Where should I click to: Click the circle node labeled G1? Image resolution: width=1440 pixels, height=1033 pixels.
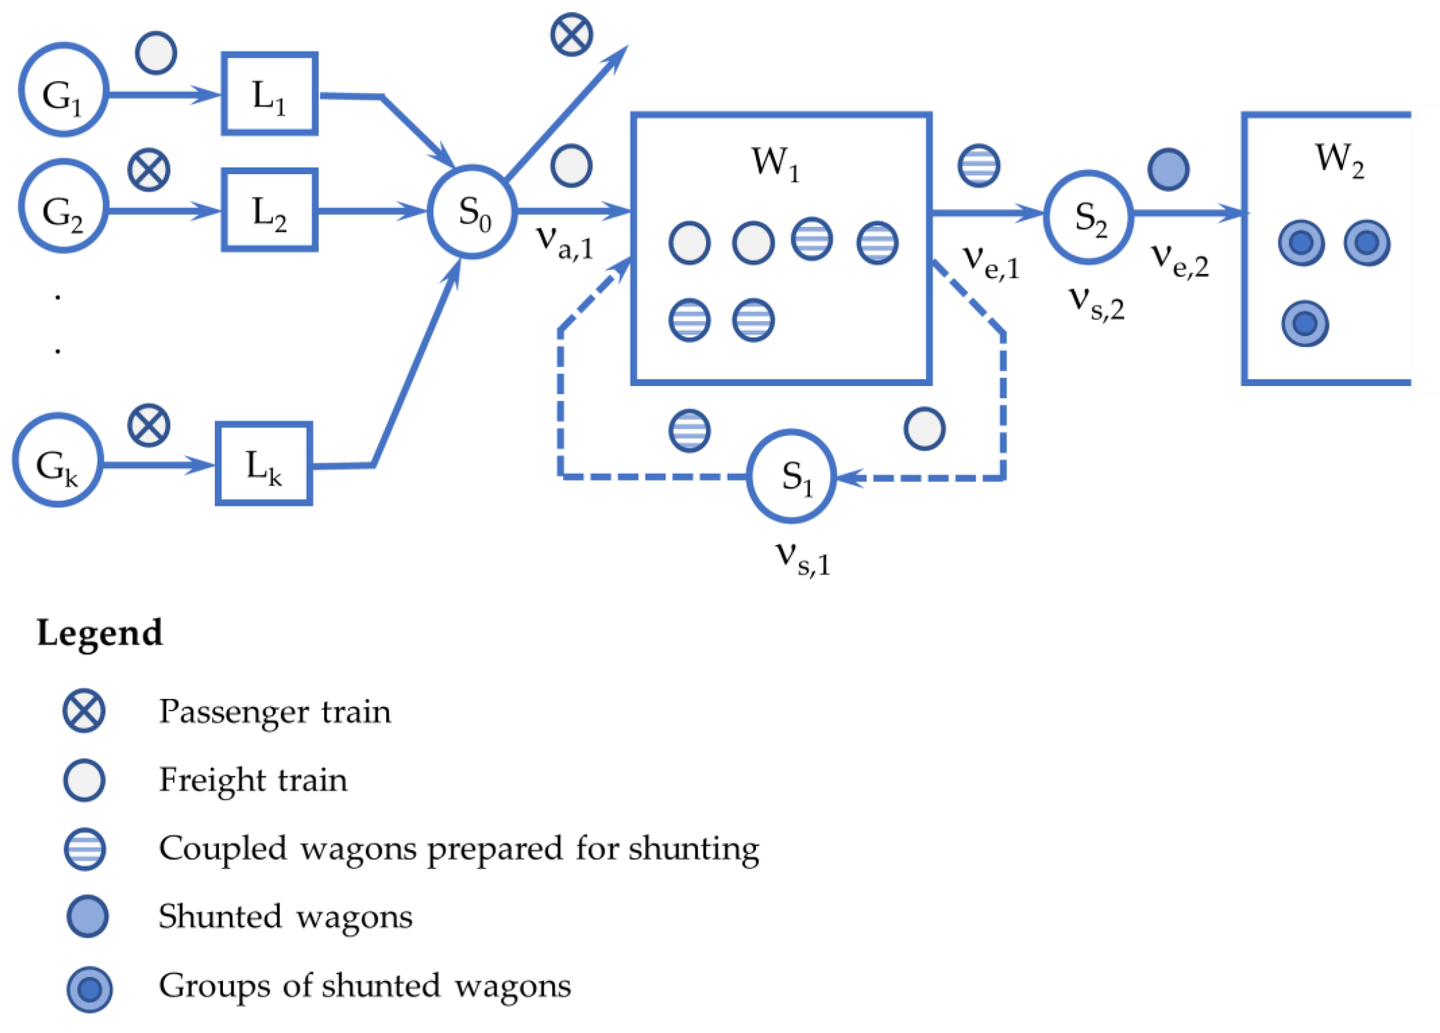pos(63,89)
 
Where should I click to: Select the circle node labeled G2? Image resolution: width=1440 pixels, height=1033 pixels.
pos(63,206)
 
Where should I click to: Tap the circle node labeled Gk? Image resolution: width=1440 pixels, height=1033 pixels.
pos(58,460)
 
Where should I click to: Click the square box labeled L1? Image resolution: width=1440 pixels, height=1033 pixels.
pos(269,93)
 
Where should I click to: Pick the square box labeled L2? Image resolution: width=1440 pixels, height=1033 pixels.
pos(269,209)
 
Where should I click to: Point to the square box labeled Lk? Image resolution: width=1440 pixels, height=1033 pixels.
pos(263,464)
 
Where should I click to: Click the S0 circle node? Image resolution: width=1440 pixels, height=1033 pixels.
pos(472,212)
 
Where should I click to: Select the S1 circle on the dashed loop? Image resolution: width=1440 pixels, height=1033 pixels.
pos(791,476)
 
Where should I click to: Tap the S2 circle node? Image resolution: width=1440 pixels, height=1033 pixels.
pos(1088,217)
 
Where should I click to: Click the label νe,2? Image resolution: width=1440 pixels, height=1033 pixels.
pos(1180,260)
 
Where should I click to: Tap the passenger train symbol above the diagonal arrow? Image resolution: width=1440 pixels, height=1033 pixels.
pos(571,34)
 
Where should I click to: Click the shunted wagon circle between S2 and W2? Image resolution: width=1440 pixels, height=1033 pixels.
pos(1168,169)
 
